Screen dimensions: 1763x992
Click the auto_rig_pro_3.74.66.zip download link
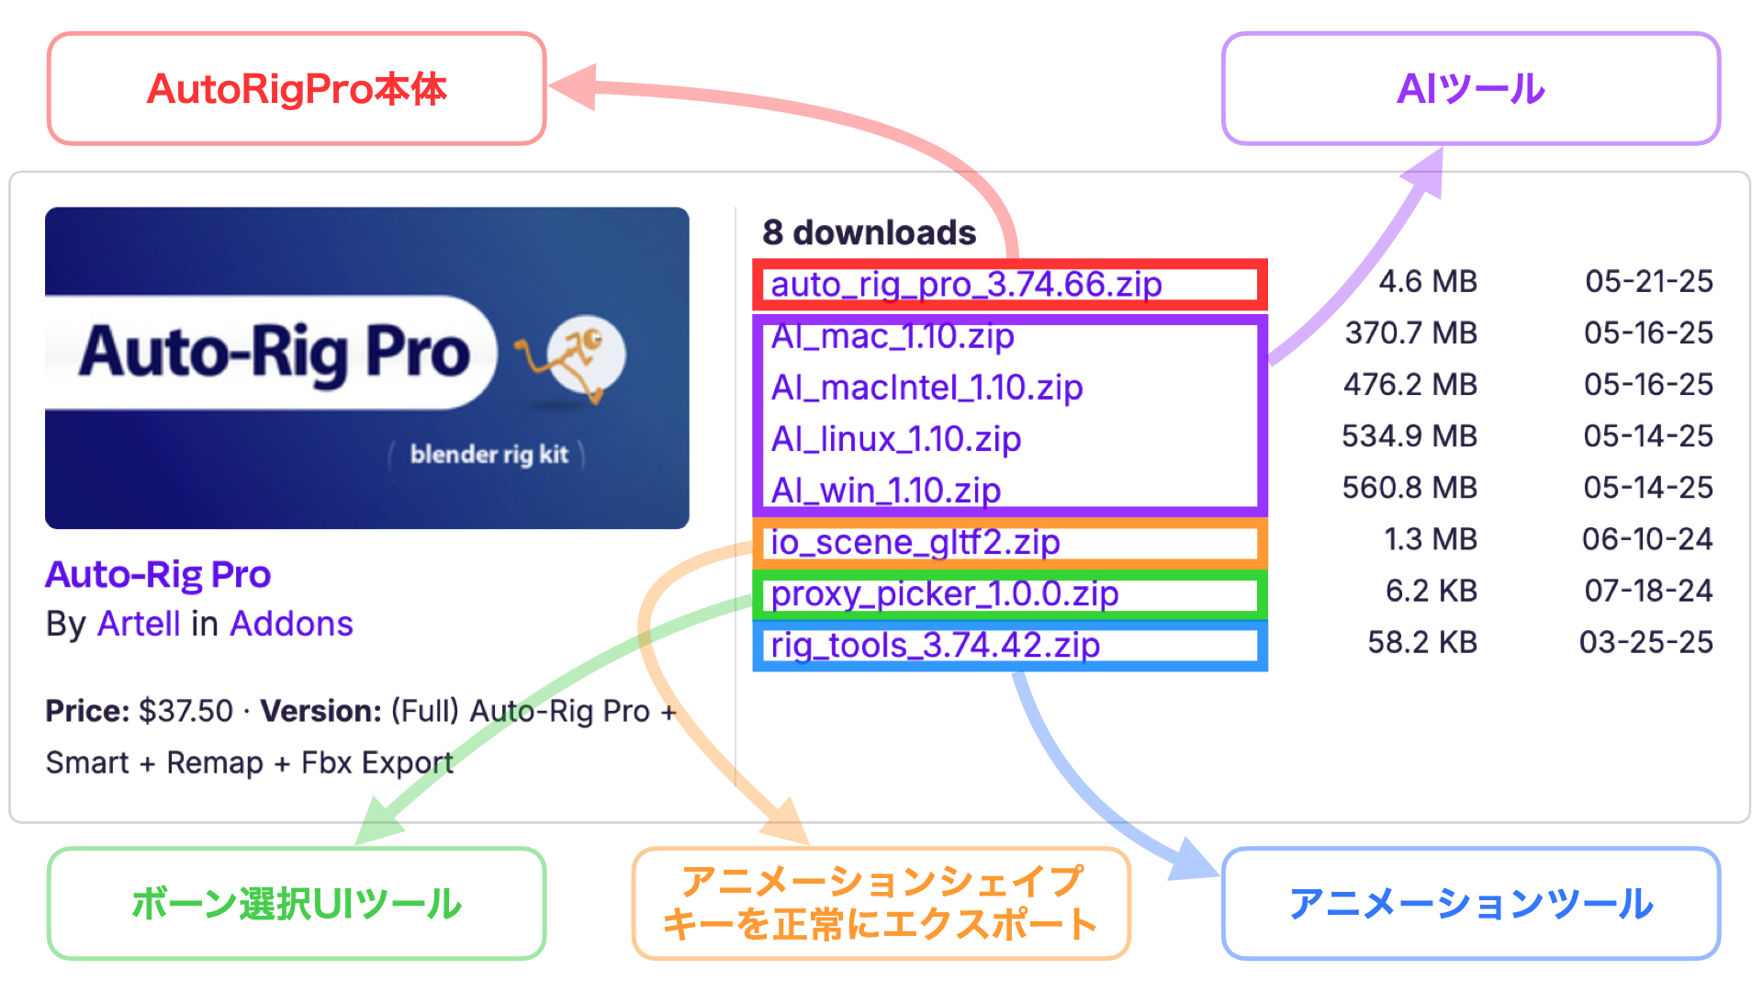pos(966,285)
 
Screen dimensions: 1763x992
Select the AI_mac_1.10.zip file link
pos(893,336)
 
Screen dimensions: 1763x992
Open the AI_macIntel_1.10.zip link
pos(927,388)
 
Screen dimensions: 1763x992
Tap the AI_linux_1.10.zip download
pos(896,439)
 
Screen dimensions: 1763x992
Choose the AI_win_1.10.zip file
pos(886,490)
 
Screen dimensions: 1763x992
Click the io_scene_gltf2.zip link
pos(915,542)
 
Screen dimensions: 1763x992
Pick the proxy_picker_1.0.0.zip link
pos(945,593)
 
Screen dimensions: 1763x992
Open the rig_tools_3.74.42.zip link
pos(935,645)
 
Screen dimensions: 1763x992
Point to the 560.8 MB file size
pos(1409,487)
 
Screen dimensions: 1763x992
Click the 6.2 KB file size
pos(1432,590)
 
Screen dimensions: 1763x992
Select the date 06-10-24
pos(1647,538)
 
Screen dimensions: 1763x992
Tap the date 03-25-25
pos(1646,641)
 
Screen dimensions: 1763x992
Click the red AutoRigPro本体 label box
pos(297,89)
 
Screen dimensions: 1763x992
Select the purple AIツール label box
pos(1471,89)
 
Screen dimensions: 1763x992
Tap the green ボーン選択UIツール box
pos(297,904)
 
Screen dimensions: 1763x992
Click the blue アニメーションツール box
pos(1471,904)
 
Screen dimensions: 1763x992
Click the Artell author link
pos(139,624)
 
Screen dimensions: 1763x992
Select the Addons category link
pos(291,624)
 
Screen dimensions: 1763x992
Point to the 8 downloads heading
pos(869,232)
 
